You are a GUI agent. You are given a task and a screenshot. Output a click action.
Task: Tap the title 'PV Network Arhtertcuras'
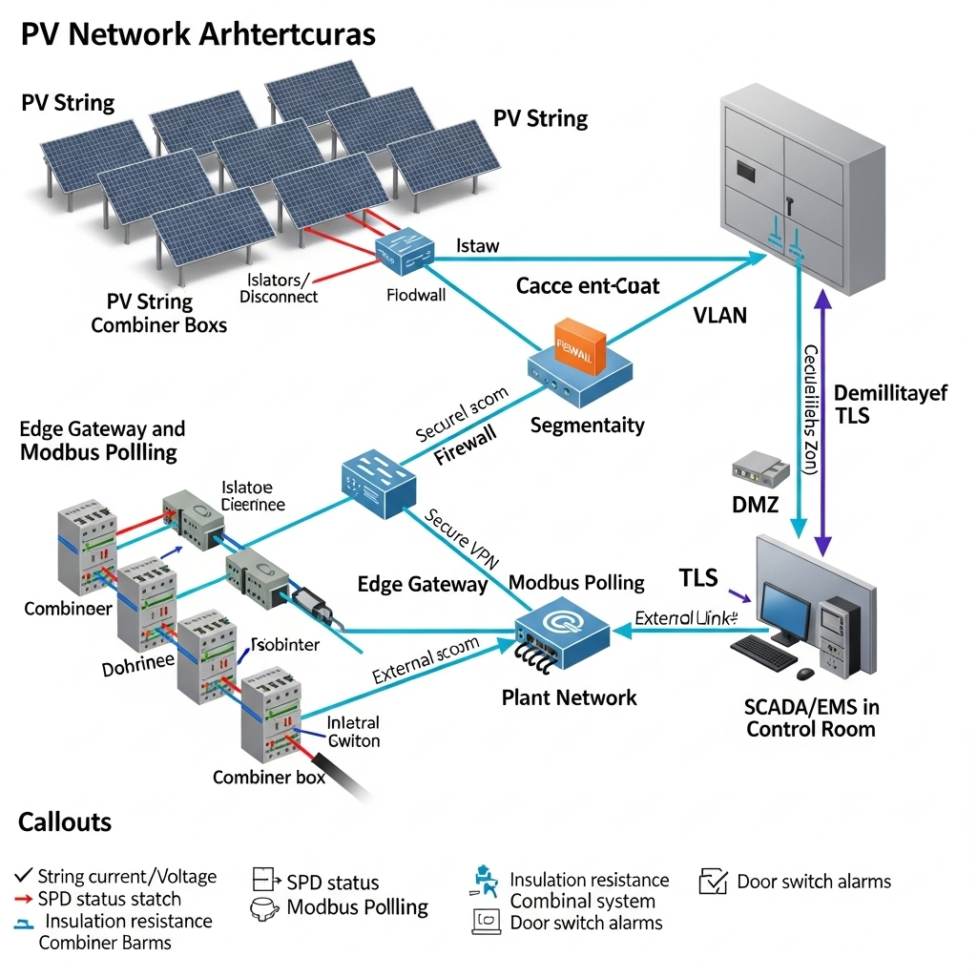[x=197, y=34]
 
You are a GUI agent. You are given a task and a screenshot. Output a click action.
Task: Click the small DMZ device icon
[x=760, y=468]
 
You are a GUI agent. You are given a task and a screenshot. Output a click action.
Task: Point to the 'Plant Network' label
[x=569, y=697]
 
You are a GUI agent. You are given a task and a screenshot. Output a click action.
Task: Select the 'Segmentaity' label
[x=587, y=426]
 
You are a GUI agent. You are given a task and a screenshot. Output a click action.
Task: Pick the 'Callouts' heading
[x=65, y=821]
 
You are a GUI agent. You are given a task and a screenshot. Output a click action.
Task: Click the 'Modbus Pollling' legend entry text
[x=357, y=906]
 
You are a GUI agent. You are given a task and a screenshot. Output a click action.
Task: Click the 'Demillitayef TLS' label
[x=889, y=404]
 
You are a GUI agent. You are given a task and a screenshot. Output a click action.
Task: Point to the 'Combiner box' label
[x=268, y=777]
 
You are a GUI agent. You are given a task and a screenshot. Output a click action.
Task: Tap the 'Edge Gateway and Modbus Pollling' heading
[x=102, y=440]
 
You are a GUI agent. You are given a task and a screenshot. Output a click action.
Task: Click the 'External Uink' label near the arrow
[x=686, y=618]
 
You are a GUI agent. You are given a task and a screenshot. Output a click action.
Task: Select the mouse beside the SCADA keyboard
[x=805, y=674]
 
